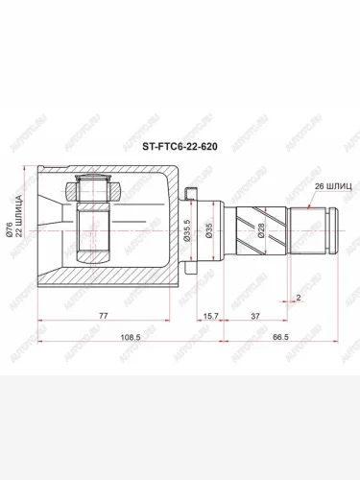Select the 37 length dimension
(254, 314)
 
